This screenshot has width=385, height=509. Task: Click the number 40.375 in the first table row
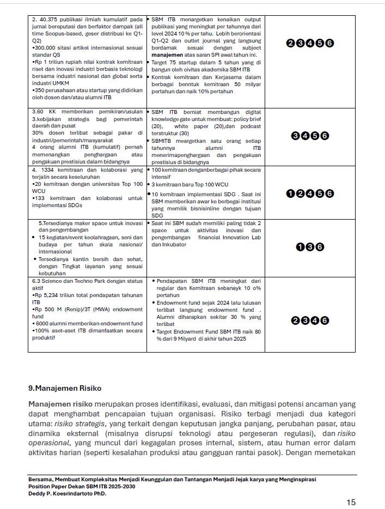[x=48, y=20]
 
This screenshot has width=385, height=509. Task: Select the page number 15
[x=351, y=502]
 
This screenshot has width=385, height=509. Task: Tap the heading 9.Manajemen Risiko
[x=65, y=388]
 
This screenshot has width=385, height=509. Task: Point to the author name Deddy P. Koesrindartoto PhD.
[x=67, y=493]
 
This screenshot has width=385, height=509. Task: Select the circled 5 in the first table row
[x=320, y=43]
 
